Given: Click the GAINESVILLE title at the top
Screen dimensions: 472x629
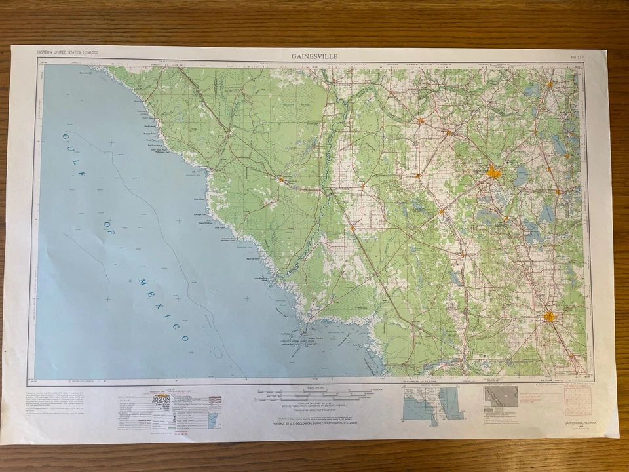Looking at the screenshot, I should coord(315,56).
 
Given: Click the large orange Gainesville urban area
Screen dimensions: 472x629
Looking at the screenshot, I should coord(493,173).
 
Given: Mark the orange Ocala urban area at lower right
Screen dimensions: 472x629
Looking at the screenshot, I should coord(549,317).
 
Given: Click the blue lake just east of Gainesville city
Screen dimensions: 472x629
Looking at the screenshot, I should coord(522,175).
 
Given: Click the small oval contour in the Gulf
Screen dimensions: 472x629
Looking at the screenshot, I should coord(218,353).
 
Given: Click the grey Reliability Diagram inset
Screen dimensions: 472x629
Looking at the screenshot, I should coord(501,396).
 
